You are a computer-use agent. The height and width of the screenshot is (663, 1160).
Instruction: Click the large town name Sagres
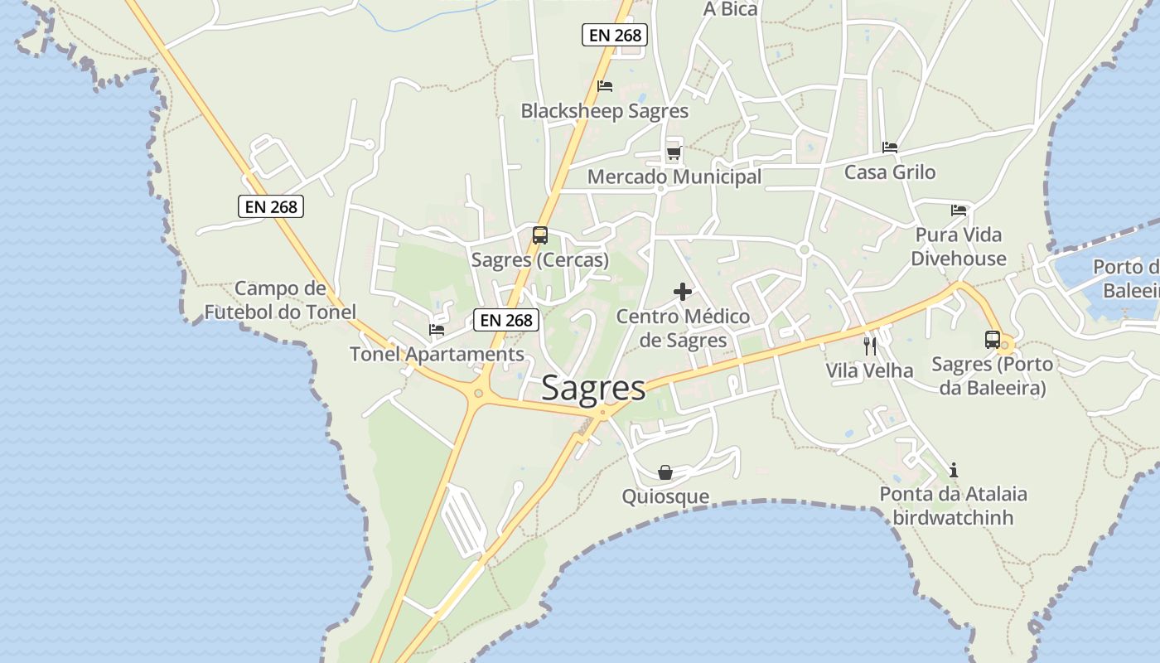pyautogui.click(x=593, y=388)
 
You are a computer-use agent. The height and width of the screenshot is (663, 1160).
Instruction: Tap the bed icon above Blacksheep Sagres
pyautogui.click(x=605, y=86)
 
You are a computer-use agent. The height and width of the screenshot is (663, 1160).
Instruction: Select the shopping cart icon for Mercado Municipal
pyautogui.click(x=674, y=153)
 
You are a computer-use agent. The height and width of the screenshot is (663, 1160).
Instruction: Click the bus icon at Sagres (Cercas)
pyautogui.click(x=540, y=235)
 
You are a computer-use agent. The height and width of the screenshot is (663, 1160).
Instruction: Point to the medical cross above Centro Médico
pyautogui.click(x=683, y=292)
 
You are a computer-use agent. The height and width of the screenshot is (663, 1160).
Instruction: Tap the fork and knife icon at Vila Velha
pyautogui.click(x=870, y=346)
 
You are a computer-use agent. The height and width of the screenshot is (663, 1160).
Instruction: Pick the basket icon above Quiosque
pyautogui.click(x=665, y=472)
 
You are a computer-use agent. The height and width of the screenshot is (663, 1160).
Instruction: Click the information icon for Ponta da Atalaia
pyautogui.click(x=954, y=470)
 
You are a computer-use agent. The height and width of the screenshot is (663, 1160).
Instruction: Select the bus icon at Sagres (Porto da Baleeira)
pyautogui.click(x=992, y=339)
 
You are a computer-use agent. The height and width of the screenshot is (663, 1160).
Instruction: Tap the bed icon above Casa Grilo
pyautogui.click(x=890, y=148)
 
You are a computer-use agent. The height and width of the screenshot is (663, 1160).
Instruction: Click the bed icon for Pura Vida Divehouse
pyautogui.click(x=959, y=211)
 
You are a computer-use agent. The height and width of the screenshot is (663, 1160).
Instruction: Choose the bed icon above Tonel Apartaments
pyautogui.click(x=437, y=330)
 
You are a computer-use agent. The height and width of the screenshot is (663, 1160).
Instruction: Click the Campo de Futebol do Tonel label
pyautogui.click(x=280, y=300)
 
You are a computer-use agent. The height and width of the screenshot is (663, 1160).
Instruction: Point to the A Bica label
pyautogui.click(x=730, y=9)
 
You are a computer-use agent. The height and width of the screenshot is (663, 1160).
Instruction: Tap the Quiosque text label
pyautogui.click(x=665, y=496)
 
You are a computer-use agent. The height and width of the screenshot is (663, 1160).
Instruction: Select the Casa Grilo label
pyautogui.click(x=890, y=172)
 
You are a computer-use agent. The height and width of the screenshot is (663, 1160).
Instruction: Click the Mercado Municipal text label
pyautogui.click(x=674, y=177)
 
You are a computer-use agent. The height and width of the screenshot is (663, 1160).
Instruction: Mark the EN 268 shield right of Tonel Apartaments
pyautogui.click(x=506, y=320)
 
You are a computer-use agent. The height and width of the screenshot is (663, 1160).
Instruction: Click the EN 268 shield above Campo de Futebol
pyautogui.click(x=271, y=206)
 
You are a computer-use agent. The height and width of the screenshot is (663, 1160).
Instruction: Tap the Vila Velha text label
pyautogui.click(x=869, y=370)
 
